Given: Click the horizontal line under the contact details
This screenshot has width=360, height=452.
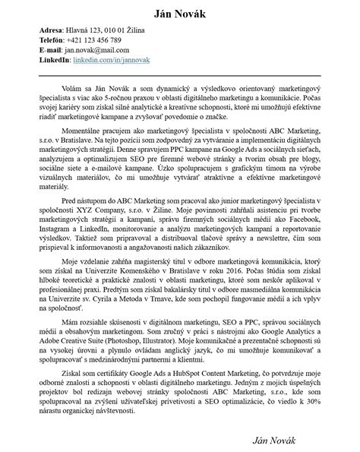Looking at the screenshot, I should click(x=180, y=76).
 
